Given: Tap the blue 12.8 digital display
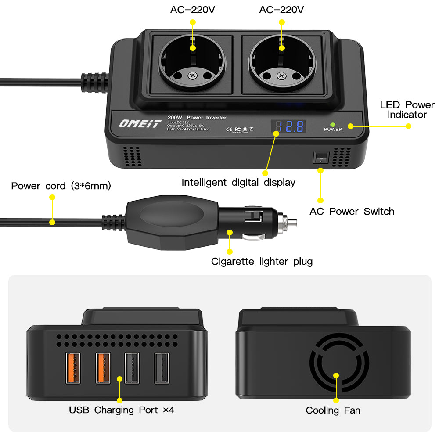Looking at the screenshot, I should pyautogui.click(x=288, y=126).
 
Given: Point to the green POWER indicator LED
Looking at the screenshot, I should pyautogui.click(x=333, y=124).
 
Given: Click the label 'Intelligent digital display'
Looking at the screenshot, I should pyautogui.click(x=238, y=182).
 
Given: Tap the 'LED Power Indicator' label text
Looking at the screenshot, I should pyautogui.click(x=407, y=110).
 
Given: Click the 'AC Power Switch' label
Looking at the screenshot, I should pyautogui.click(x=352, y=211).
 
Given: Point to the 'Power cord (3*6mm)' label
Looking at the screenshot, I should pyautogui.click(x=61, y=186).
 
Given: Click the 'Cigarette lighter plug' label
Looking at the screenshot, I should pyautogui.click(x=262, y=262).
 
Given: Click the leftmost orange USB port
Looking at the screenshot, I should pyautogui.click(x=73, y=368).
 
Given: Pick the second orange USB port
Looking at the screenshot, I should pyautogui.click(x=103, y=368).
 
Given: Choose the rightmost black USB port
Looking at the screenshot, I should pyautogui.click(x=162, y=368).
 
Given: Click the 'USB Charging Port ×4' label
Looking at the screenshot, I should pyautogui.click(x=122, y=410).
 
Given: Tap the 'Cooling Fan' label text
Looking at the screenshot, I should pyautogui.click(x=333, y=410).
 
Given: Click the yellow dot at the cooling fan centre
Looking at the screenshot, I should pyautogui.click(x=336, y=376).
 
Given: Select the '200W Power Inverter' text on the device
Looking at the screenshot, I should pyautogui.click(x=197, y=117).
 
